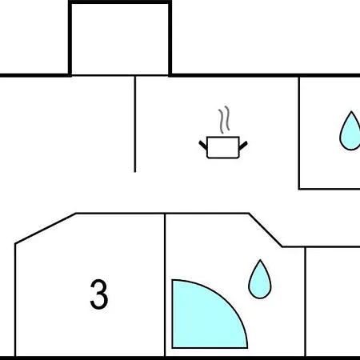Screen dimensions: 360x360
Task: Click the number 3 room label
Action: (x=99, y=294)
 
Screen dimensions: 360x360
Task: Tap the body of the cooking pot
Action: (x=223, y=147)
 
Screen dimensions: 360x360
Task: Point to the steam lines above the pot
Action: (x=224, y=120)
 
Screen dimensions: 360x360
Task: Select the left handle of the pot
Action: (x=203, y=145)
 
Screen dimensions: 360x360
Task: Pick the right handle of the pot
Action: (x=243, y=146)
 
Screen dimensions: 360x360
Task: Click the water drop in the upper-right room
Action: (x=350, y=131)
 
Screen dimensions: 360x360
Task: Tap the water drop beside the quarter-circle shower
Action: (x=260, y=279)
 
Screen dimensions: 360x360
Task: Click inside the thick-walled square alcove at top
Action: (x=120, y=39)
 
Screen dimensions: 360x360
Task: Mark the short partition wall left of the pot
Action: (x=135, y=124)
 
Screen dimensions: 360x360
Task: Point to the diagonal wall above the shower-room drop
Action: (x=266, y=230)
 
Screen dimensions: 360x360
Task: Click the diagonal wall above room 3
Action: (x=46, y=228)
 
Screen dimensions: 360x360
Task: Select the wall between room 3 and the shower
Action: (x=165, y=285)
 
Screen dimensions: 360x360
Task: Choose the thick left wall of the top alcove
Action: (x=70, y=39)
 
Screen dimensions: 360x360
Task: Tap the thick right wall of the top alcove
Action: (x=170, y=39)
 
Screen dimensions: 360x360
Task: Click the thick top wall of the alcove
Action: (x=120, y=2)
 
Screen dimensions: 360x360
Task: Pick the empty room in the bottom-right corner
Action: (x=333, y=302)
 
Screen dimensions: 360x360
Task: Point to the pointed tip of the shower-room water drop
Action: (x=260, y=259)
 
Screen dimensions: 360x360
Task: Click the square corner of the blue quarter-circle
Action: (x=173, y=347)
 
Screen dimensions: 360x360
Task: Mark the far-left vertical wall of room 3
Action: (x=15, y=300)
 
